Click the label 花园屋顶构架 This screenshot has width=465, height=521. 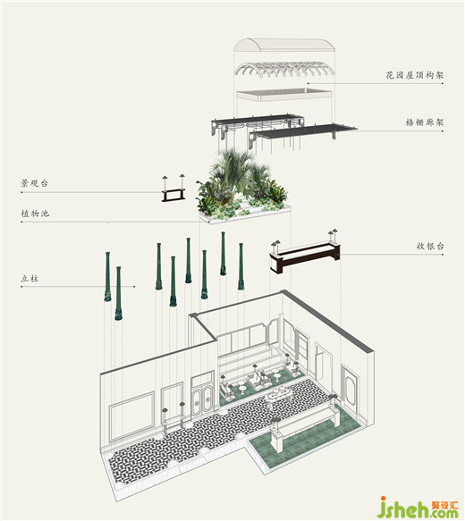pyautogui.click(x=415, y=75)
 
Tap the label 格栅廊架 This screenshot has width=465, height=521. pyautogui.click(x=425, y=122)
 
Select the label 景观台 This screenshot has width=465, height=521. pyautogui.click(x=34, y=183)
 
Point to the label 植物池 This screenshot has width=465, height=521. pyautogui.click(x=35, y=213)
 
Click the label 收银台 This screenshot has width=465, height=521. pyautogui.click(x=430, y=247)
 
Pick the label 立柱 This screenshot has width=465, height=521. pyautogui.click(x=30, y=279)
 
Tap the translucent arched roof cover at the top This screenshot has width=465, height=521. pyautogui.click(x=283, y=45)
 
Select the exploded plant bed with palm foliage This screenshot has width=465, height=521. pyautogui.click(x=243, y=188)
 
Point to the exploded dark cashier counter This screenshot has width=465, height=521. pyautogui.click(x=305, y=256)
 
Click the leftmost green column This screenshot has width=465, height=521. pyautogui.click(x=107, y=277)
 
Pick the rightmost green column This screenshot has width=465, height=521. pyautogui.click(x=241, y=266)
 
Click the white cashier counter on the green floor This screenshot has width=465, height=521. pyautogui.click(x=304, y=425)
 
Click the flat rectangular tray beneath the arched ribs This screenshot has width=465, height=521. pyautogui.click(x=283, y=95)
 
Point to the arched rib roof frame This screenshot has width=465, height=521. pyautogui.click(x=283, y=69)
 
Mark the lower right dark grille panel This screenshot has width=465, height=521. pyautogui.click(x=302, y=133)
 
